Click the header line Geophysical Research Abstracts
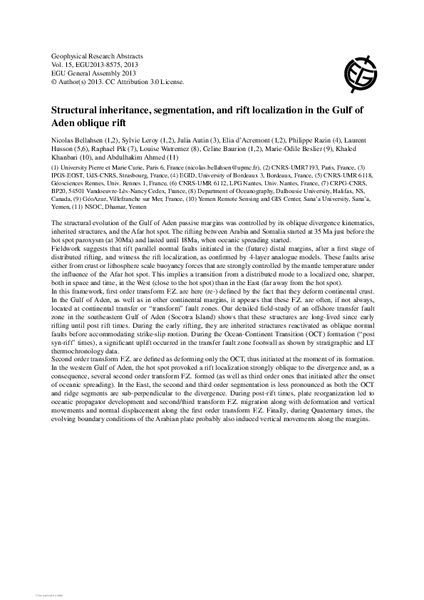(98, 56)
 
